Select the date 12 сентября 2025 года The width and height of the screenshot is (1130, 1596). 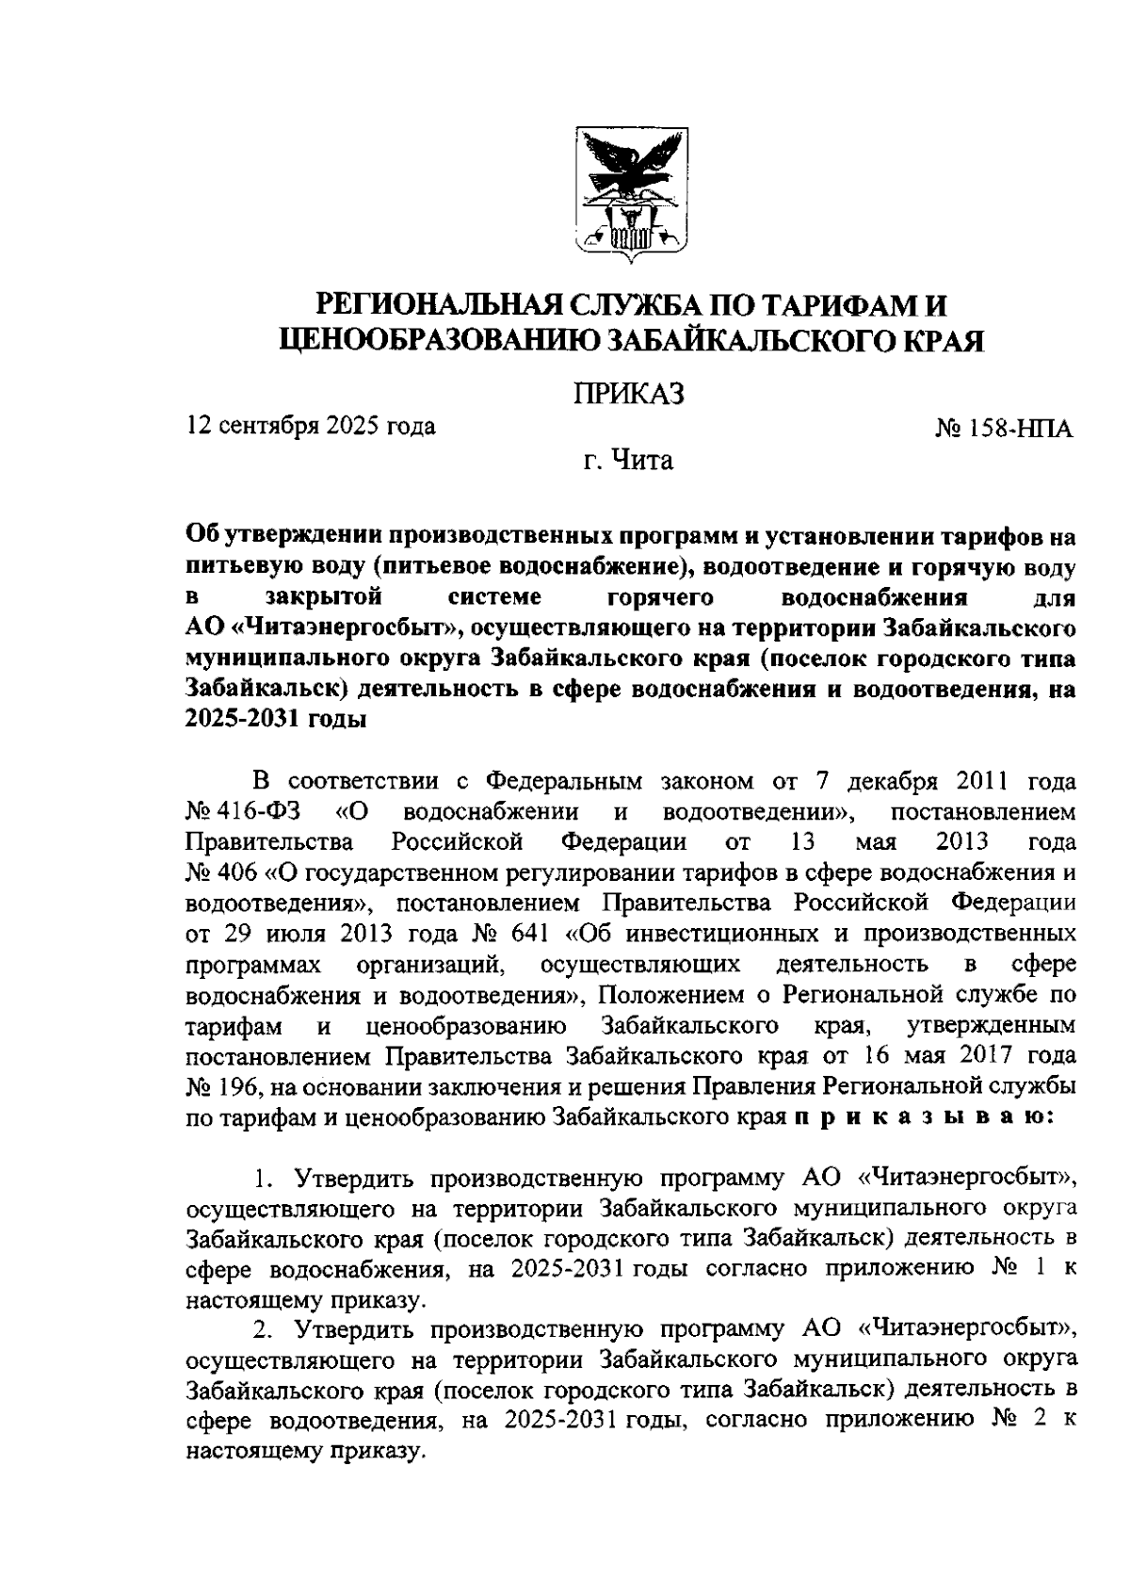[x=312, y=426]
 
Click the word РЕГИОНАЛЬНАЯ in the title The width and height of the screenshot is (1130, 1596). [x=441, y=306]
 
